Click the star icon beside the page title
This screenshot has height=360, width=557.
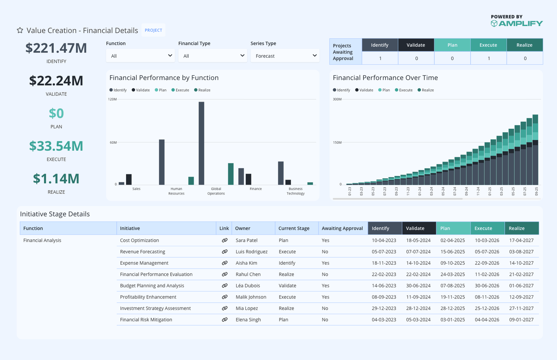[x=20, y=30]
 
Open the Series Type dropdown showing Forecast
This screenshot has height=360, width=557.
[x=285, y=56]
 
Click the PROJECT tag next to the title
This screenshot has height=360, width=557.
[x=154, y=30]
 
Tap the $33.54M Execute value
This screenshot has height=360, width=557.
[x=56, y=146]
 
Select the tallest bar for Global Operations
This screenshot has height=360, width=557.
[x=201, y=143]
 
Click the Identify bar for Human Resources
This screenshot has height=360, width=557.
[x=162, y=162]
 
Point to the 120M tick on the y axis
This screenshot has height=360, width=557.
[x=112, y=99]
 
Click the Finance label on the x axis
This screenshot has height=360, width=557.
[x=256, y=189]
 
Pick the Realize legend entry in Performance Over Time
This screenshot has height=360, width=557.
[x=426, y=90]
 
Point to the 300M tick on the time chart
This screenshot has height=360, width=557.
[x=337, y=99]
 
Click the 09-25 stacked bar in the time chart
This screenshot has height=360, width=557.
[x=535, y=150]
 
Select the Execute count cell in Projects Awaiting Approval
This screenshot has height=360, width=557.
[x=488, y=58]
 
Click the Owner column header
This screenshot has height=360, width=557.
[x=243, y=228]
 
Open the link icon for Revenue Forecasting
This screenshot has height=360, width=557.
[x=225, y=251]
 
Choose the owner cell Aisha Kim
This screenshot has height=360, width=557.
[x=246, y=263]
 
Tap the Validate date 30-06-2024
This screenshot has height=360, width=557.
[x=418, y=286]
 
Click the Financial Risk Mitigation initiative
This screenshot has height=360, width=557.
[x=146, y=320]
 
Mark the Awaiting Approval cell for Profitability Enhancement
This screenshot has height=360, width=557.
[x=325, y=297]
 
